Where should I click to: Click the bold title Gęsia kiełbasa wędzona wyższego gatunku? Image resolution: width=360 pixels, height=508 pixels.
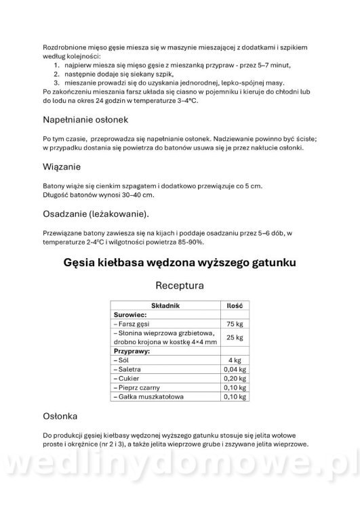click(x=180, y=261)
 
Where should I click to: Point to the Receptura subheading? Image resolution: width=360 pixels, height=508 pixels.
click(x=180, y=286)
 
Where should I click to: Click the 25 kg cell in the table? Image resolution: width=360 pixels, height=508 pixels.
click(x=235, y=337)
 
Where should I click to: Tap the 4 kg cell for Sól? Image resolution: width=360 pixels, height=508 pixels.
click(x=235, y=360)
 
